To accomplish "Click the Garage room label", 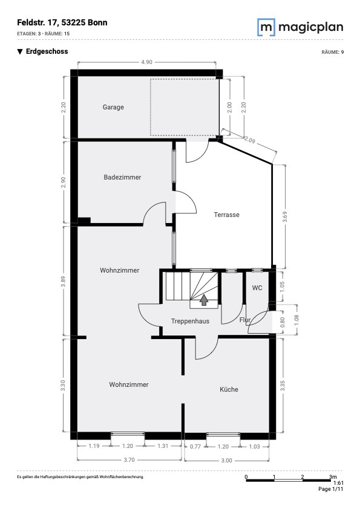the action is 113,107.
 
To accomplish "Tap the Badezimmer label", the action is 122,177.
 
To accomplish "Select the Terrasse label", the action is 226,215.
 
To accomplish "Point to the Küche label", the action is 229,389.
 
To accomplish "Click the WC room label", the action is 257,288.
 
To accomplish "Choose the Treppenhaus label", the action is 190,321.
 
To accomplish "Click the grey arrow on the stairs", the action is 204,300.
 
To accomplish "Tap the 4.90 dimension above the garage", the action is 146,62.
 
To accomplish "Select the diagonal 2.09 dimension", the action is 249,140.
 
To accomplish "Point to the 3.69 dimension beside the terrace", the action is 285,217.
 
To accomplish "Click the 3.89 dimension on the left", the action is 63,281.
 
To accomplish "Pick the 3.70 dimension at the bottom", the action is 129,459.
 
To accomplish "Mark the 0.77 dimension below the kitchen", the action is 195,446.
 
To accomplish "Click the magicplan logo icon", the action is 266,27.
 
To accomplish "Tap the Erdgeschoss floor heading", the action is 47,51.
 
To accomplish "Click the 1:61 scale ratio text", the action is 338,483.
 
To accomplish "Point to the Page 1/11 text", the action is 330,489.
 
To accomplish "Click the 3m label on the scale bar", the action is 333,477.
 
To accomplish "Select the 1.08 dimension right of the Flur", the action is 296,320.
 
